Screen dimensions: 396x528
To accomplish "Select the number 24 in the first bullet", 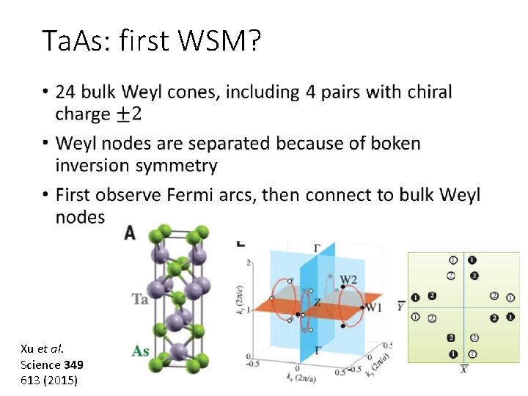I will click(65, 92).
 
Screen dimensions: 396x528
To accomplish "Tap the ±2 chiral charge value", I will click(129, 114).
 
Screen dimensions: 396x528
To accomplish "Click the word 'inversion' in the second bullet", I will click(91, 166).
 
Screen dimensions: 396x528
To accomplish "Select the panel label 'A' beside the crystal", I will click(130, 232).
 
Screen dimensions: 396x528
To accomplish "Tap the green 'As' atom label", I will click(141, 351).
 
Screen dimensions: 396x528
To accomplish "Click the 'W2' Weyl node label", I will click(348, 279).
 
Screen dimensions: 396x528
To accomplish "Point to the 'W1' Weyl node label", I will click(373, 307).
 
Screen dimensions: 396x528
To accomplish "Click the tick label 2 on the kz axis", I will click(249, 263).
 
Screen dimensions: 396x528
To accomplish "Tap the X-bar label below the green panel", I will click(463, 368).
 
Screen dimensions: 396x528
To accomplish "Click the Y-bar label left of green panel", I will click(401, 306).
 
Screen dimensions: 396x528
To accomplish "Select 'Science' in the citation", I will click(41, 364).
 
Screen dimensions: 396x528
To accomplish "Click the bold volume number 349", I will click(74, 364).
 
